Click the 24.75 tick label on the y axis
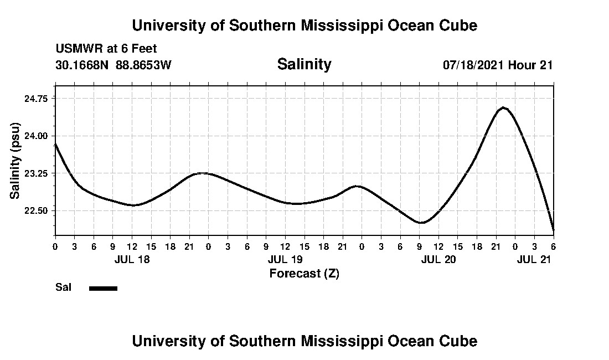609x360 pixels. tap(36, 98)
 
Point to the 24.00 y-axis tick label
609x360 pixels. tap(36, 136)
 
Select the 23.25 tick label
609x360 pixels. tap(36, 173)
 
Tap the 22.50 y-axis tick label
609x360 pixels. tap(36, 211)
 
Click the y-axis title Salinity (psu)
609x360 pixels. tap(15, 161)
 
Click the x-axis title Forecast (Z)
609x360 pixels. tap(304, 273)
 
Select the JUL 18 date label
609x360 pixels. tap(132, 259)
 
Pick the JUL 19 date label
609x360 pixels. tap(285, 259)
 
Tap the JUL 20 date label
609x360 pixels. tap(438, 259)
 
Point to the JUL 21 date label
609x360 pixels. tap(534, 259)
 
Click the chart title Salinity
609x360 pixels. tap(304, 64)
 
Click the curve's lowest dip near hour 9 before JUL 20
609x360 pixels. tap(421, 223)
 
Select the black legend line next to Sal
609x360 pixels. tap(103, 288)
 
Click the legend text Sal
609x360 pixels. tap(63, 287)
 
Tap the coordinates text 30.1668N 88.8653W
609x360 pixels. tap(113, 65)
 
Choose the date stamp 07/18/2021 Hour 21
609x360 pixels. tap(498, 65)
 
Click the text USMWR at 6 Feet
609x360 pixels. tap(106, 49)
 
